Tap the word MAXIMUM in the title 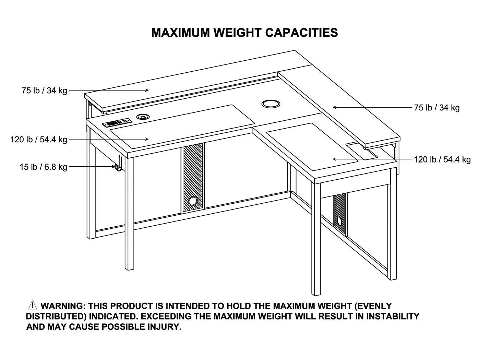[x=181, y=33]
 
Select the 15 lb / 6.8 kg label [x=43, y=167]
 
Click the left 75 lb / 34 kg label [x=44, y=91]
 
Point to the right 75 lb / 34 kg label [x=436, y=108]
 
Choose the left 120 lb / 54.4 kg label [x=39, y=140]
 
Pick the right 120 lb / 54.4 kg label [x=442, y=159]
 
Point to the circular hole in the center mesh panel [x=193, y=201]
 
